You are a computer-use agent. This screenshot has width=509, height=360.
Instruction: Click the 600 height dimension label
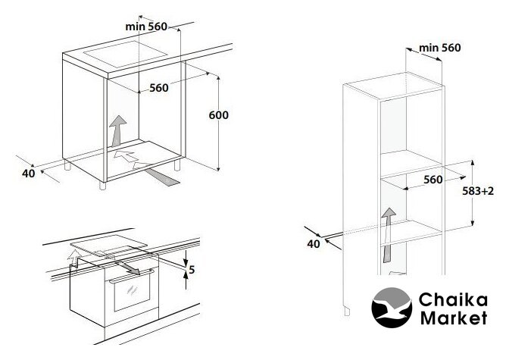pyautogui.click(x=218, y=115)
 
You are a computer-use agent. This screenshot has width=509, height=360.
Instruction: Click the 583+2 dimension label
pyautogui.click(x=478, y=191)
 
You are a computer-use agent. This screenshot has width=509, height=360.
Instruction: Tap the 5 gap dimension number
pyautogui.click(x=192, y=270)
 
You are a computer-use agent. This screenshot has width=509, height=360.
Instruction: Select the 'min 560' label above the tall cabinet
pyautogui.click(x=440, y=48)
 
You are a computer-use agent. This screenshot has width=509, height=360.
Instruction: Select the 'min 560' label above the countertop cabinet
pyautogui.click(x=146, y=27)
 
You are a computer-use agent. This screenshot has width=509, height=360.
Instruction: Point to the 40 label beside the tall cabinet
pyautogui.click(x=314, y=244)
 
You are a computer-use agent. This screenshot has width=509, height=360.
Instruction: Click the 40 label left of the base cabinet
pyautogui.click(x=29, y=174)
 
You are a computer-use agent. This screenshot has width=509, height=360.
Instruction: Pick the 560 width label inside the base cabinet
pyautogui.click(x=159, y=88)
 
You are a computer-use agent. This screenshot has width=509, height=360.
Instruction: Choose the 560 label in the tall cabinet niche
pyautogui.click(x=433, y=180)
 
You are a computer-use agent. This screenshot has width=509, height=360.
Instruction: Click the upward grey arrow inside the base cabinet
pyautogui.click(x=118, y=130)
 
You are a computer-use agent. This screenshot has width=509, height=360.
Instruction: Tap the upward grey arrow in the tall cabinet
pyautogui.click(x=388, y=235)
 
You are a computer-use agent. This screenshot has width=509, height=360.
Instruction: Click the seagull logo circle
pyautogui.click(x=392, y=308)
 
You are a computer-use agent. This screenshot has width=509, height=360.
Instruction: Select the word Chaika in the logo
pyautogui.click(x=453, y=299)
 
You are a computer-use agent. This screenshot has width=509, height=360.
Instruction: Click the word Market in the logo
pyautogui.click(x=454, y=318)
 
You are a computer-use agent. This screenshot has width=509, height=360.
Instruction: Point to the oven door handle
pyautogui.click(x=132, y=276)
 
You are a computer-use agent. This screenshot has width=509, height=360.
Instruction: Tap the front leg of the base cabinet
pyautogui.click(x=102, y=186)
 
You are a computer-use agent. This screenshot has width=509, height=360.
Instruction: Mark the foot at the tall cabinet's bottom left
pyautogui.click(x=347, y=311)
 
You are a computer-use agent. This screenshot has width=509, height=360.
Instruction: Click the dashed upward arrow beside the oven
pyautogui.click(x=73, y=258)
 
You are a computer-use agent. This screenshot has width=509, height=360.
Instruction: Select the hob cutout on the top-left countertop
pyautogui.click(x=125, y=54)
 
